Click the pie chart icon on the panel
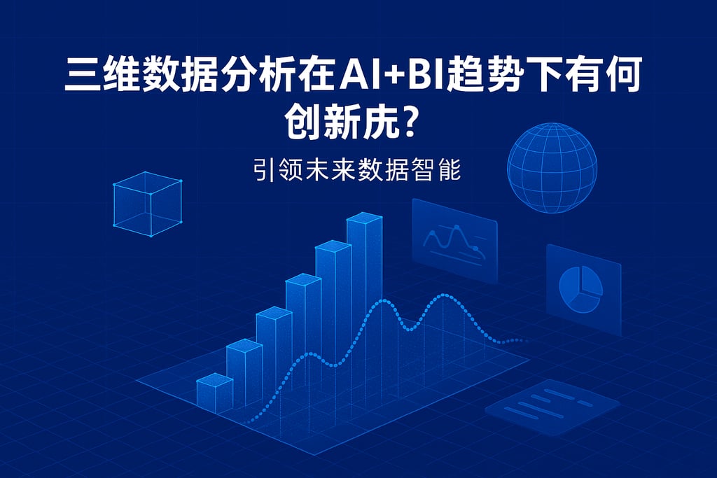pyautogui.click(x=580, y=289)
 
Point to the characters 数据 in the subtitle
pyautogui.click(x=378, y=170)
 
